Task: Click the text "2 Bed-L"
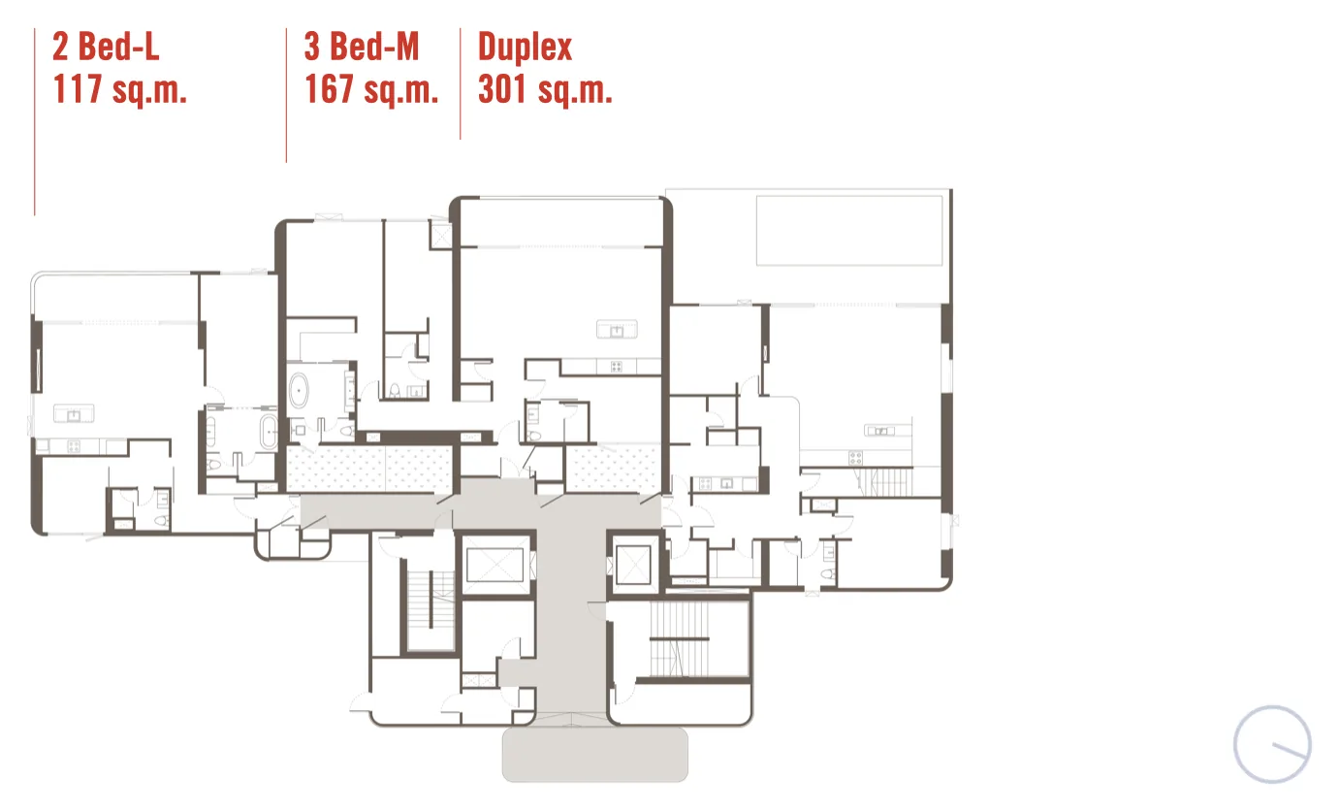tap(106, 47)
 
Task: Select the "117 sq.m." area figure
tap(119, 89)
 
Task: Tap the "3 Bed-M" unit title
tap(362, 47)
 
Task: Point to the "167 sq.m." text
tap(371, 89)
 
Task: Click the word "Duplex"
tap(525, 48)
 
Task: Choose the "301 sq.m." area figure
tap(545, 89)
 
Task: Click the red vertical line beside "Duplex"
tap(460, 83)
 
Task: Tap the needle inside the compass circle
tap(1290, 750)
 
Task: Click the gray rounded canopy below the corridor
tap(594, 754)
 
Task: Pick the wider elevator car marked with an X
tap(495, 565)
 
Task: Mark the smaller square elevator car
tap(633, 565)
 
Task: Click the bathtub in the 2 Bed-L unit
tap(269, 431)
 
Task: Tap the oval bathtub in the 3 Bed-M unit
tap(298, 391)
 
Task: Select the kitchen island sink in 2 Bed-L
tap(74, 413)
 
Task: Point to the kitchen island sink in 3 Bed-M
tap(617, 329)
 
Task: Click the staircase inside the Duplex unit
tap(885, 482)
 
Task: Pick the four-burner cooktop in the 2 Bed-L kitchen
tap(75, 446)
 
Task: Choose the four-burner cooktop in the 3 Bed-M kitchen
tap(616, 367)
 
